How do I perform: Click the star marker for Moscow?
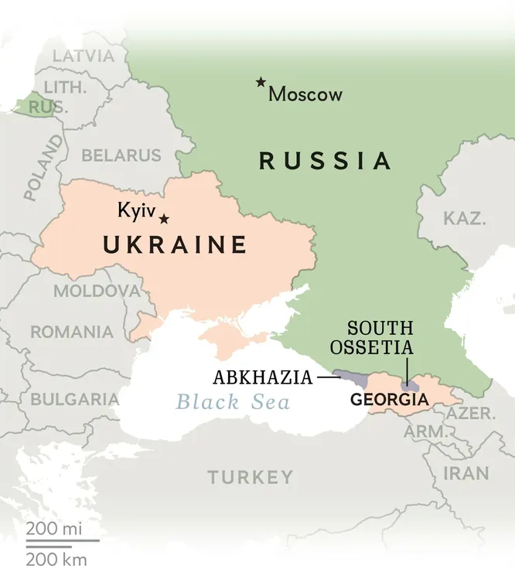(261, 83)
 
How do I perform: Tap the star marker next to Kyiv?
(164, 219)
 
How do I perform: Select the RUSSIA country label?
(325, 161)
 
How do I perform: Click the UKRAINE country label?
(175, 245)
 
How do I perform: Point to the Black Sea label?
(233, 402)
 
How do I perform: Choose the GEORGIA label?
(388, 400)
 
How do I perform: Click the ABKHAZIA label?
(263, 377)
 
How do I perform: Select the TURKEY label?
(250, 477)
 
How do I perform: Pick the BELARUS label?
(121, 155)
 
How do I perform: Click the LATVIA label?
(83, 56)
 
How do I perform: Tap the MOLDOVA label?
(97, 292)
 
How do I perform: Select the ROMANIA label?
(71, 333)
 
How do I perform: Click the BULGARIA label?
(74, 400)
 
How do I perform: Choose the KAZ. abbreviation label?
(465, 218)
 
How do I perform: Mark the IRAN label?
(466, 473)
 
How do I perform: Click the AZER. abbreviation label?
(472, 413)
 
